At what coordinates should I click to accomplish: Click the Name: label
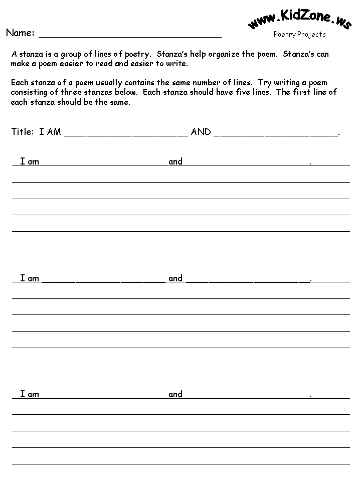pyautogui.click(x=20, y=33)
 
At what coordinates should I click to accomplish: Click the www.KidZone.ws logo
pyautogui.click(x=299, y=19)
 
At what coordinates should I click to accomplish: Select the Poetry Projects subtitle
pyautogui.click(x=299, y=34)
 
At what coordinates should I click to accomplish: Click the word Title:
pyautogui.click(x=23, y=132)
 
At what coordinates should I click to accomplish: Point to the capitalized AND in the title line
pyautogui.click(x=201, y=132)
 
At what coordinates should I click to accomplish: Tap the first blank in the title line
pyautogui.click(x=126, y=133)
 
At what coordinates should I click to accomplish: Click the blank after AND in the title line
pyautogui.click(x=276, y=133)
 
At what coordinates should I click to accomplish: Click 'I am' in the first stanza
pyautogui.click(x=30, y=162)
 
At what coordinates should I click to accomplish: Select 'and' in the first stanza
pyautogui.click(x=175, y=162)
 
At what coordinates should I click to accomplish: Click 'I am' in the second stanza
pyautogui.click(x=30, y=278)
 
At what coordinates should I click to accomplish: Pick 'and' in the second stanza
pyautogui.click(x=175, y=278)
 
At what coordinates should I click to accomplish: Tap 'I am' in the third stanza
pyautogui.click(x=30, y=394)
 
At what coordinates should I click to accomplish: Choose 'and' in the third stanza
pyautogui.click(x=175, y=394)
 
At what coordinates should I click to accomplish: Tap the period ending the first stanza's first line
pyautogui.click(x=311, y=163)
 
